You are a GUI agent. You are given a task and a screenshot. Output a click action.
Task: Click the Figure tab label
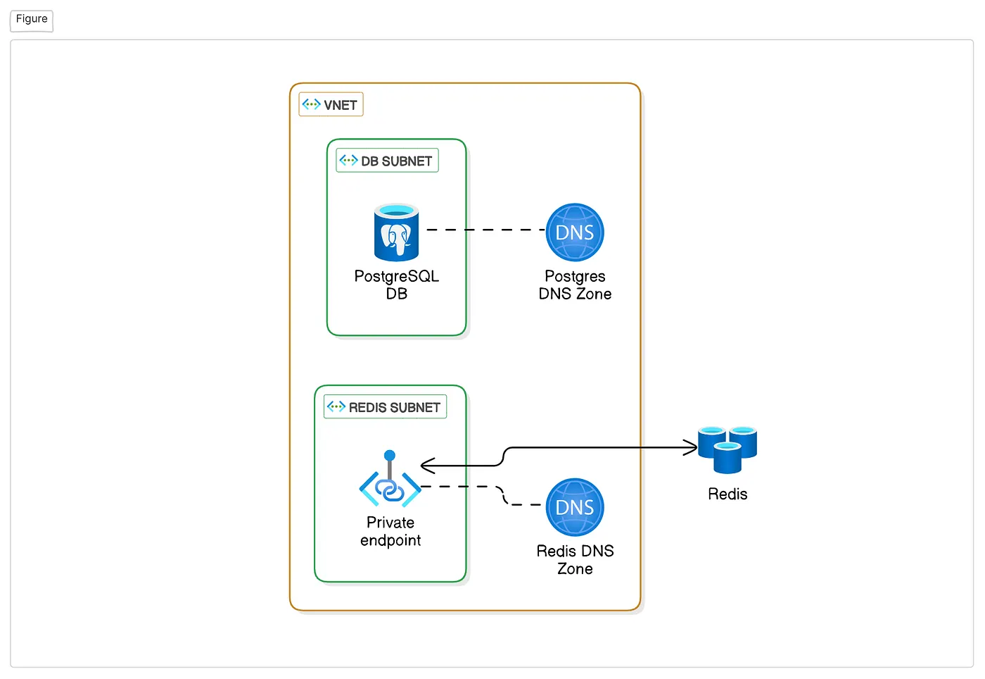pos(32,19)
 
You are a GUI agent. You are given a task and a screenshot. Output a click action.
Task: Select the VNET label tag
pos(331,105)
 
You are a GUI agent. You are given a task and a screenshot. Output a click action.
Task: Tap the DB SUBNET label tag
pos(387,161)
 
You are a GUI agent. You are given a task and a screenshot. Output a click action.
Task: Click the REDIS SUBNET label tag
pos(385,407)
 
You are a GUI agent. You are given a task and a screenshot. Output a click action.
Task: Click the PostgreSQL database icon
pos(396,232)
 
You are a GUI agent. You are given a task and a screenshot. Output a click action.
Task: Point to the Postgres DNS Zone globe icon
pos(575,232)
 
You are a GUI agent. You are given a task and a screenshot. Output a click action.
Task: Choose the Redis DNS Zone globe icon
pos(575,507)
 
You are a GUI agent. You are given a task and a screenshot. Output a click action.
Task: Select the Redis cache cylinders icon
pos(727,449)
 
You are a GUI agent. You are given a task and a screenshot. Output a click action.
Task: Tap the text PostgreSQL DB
pos(396,285)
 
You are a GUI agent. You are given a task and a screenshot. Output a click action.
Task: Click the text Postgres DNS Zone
pos(575,285)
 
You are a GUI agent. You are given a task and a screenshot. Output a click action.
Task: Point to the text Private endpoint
pos(390,531)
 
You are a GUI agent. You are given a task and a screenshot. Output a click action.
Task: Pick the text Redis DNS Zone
pos(575,559)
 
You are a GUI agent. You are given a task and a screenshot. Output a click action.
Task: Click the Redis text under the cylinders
pos(727,494)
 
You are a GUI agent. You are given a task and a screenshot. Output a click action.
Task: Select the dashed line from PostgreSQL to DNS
pos(485,230)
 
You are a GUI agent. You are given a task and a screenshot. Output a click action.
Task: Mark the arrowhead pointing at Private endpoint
pos(426,466)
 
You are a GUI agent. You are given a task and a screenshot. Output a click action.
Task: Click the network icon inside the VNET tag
pos(311,104)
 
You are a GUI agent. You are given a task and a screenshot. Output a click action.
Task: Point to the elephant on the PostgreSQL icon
pos(395,238)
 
